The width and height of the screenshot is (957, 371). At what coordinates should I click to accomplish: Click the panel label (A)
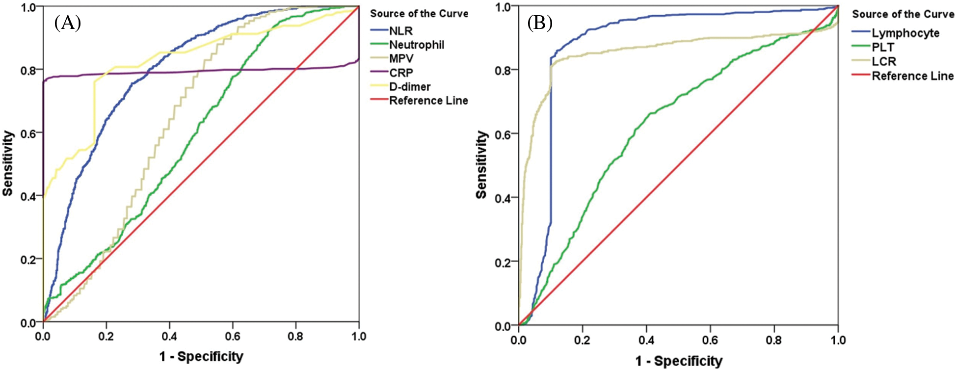click(67, 23)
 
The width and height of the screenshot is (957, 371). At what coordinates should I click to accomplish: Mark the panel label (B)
click(540, 23)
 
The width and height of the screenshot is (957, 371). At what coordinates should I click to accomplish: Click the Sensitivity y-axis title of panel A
click(8, 163)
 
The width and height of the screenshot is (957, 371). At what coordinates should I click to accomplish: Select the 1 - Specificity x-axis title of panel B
click(679, 362)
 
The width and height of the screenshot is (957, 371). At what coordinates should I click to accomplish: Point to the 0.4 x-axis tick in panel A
click(169, 337)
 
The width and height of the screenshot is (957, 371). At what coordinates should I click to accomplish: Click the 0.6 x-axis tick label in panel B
click(710, 340)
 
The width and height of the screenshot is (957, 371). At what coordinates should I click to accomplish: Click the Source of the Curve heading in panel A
click(419, 13)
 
